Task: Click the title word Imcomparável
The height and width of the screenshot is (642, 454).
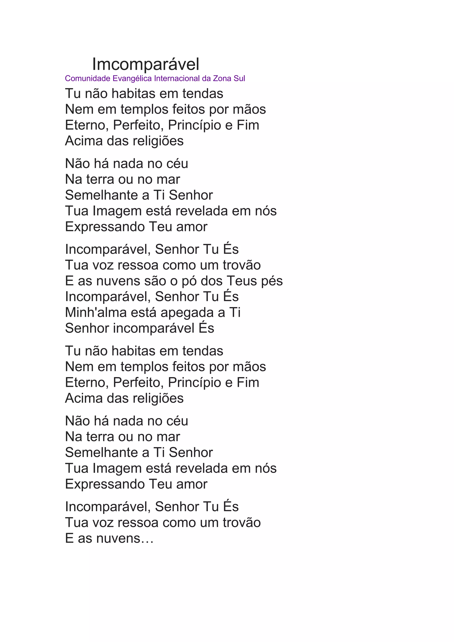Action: pos(146,64)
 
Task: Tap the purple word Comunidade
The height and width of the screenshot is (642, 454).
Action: pos(88,78)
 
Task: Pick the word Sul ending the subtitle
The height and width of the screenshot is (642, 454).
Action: pos(239,78)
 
